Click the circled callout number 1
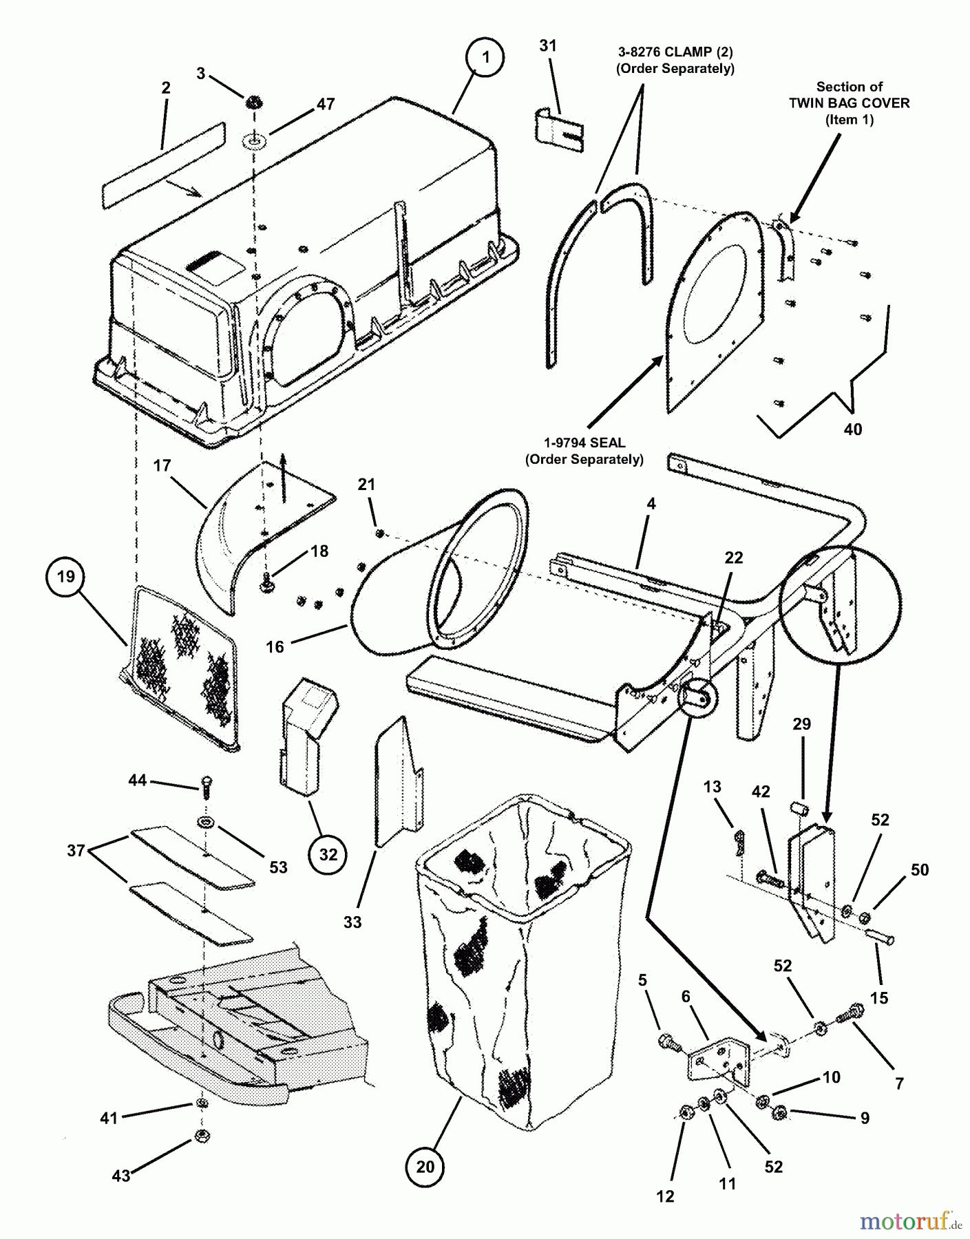coord(485,57)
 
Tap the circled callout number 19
coord(65,575)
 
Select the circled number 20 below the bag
coord(425,1166)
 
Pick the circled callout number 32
coord(328,854)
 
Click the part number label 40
coord(852,429)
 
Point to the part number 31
coord(547,45)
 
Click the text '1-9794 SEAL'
coord(584,443)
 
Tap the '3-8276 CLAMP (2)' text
coord(675,52)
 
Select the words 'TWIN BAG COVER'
coord(849,103)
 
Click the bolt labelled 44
coord(205,785)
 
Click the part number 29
coord(801,723)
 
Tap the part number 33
coord(352,921)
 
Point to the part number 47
coord(325,104)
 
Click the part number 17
coord(162,465)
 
